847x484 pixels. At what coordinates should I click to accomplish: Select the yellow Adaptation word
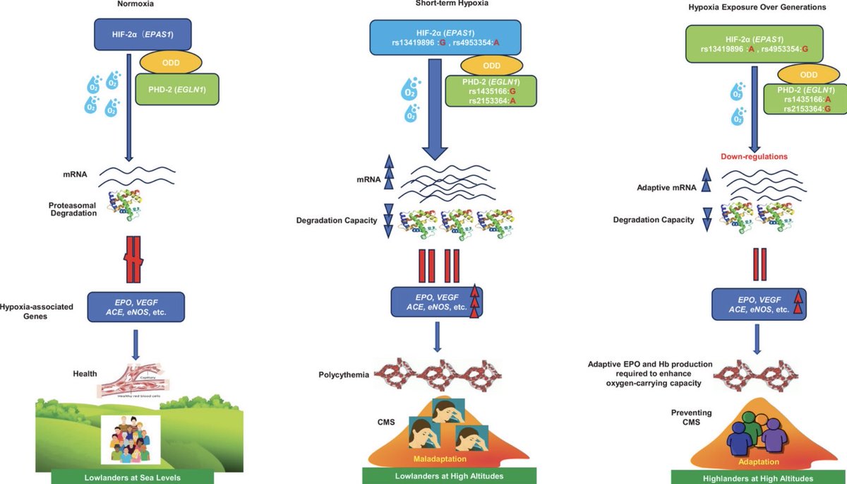point(759,462)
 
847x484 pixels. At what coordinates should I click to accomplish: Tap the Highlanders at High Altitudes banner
point(759,477)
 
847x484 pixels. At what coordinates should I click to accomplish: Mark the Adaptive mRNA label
point(663,189)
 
